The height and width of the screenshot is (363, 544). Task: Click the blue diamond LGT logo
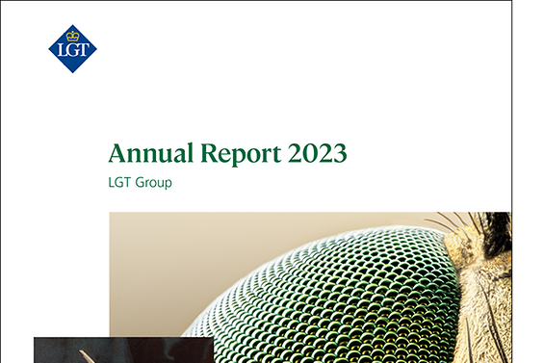(72, 48)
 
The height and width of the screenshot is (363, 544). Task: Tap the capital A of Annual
(117, 153)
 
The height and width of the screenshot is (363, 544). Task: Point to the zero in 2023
(301, 153)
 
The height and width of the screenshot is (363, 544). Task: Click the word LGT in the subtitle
(120, 181)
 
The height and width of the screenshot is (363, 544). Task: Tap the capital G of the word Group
(140, 181)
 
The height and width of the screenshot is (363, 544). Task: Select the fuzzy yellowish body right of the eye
(486, 308)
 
